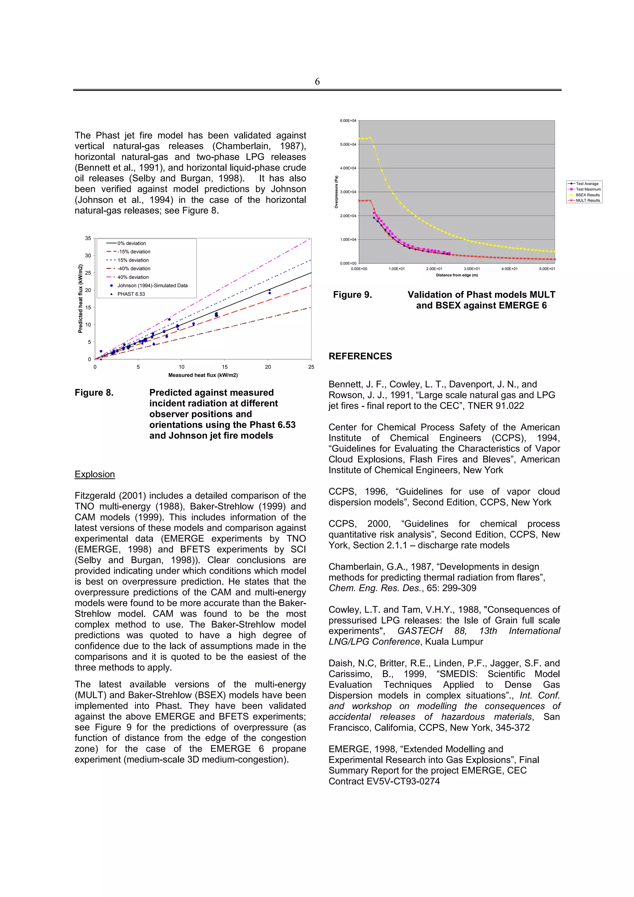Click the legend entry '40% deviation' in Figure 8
tap(133, 277)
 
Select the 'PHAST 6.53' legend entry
tap(131, 294)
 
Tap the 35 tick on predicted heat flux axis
tap(88, 238)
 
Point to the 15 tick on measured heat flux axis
tap(225, 367)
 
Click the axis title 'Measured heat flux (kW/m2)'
tap(203, 375)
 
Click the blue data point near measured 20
tap(270, 293)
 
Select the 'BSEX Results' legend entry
tap(587, 195)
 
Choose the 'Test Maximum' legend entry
tap(588, 189)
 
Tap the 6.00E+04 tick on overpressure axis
tap(348, 121)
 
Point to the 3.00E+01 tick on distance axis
tap(471, 269)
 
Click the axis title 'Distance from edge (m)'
tap(456, 275)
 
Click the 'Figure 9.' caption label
tap(352, 295)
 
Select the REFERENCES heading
tap(360, 356)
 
